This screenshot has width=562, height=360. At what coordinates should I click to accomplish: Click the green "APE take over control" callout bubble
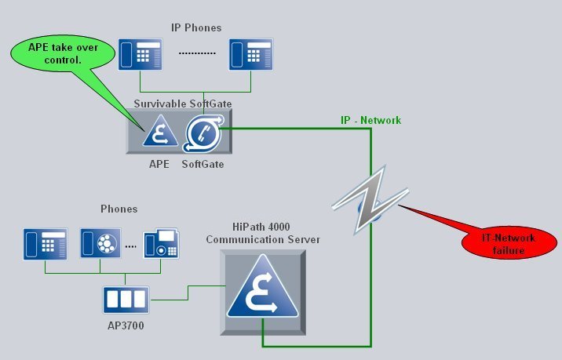click(63, 54)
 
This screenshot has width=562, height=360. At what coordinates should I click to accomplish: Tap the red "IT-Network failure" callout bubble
click(509, 242)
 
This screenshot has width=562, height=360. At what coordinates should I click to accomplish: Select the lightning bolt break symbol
click(370, 200)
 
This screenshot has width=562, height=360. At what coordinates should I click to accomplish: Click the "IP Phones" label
click(196, 27)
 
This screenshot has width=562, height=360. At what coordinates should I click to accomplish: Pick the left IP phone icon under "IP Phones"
click(140, 54)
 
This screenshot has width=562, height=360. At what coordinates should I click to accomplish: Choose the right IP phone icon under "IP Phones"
click(251, 54)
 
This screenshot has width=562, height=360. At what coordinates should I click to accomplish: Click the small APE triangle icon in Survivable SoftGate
click(160, 131)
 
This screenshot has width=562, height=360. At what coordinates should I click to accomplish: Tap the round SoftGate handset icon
click(203, 133)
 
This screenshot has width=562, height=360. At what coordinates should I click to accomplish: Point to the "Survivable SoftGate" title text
click(183, 104)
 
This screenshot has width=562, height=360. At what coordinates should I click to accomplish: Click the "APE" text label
click(159, 164)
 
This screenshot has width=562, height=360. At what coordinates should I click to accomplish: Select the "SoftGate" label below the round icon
click(203, 164)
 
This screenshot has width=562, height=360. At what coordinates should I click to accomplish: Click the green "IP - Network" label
click(371, 120)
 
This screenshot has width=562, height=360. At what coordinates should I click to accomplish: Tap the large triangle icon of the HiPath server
click(263, 286)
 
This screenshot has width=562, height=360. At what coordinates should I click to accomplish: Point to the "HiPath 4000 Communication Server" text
click(263, 233)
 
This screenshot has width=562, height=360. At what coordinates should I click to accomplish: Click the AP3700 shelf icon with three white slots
click(126, 300)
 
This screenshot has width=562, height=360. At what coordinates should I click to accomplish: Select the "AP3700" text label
click(126, 325)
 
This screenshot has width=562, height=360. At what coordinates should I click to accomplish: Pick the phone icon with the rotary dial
click(100, 243)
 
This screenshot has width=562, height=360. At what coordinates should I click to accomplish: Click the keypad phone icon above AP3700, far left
click(46, 244)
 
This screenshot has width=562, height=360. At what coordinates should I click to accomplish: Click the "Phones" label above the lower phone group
click(119, 209)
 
